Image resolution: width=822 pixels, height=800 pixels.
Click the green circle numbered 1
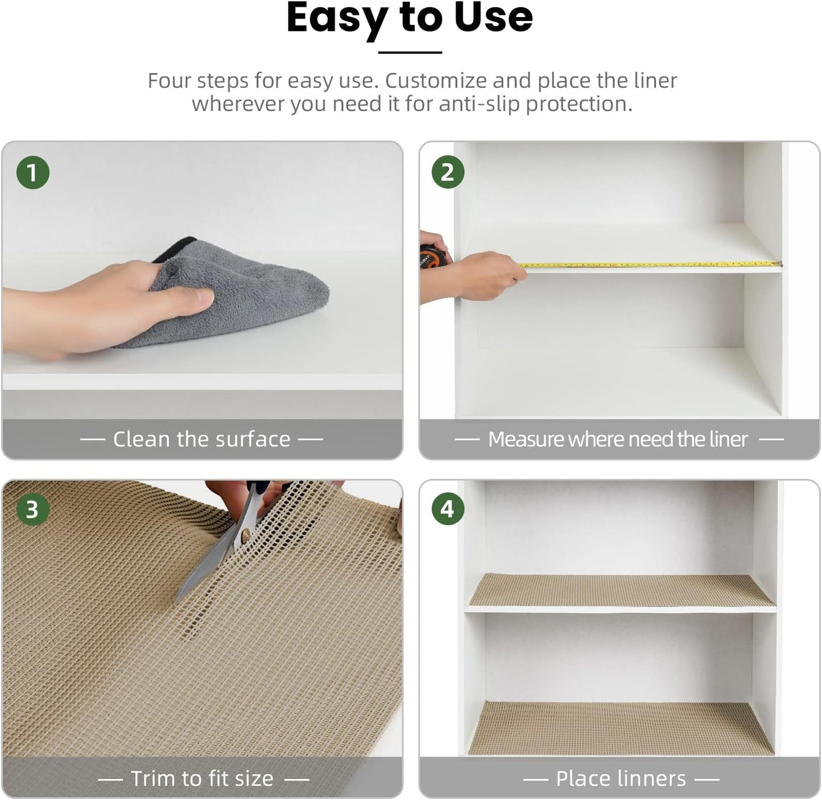[32, 172]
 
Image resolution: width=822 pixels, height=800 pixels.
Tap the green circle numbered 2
[448, 172]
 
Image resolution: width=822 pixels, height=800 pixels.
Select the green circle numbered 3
[32, 509]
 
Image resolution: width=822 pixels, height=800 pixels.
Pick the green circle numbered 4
[448, 509]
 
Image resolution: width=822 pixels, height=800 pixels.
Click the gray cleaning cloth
[250, 296]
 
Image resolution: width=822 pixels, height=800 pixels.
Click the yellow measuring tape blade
[648, 265]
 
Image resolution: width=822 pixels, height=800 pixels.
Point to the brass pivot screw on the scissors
[246, 534]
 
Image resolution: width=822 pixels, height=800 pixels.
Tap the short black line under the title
[410, 52]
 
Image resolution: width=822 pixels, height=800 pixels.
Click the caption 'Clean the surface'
[201, 439]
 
